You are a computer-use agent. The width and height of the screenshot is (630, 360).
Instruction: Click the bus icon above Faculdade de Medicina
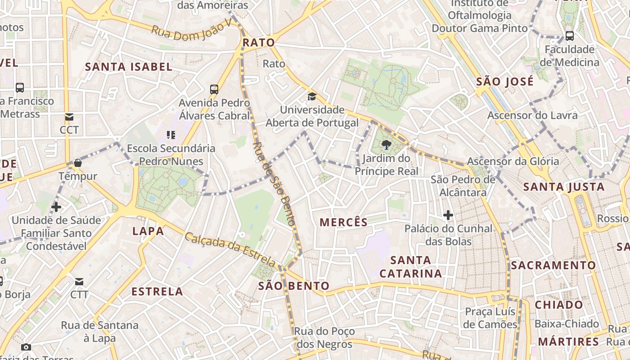tap(569, 36)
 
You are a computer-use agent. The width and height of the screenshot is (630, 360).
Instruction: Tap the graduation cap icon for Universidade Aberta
tap(312, 96)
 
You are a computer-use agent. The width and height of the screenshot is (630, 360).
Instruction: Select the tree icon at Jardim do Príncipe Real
tap(386, 145)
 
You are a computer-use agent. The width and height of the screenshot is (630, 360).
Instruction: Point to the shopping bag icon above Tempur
tap(78, 163)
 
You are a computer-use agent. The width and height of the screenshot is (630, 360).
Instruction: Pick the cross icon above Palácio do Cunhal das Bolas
tap(448, 215)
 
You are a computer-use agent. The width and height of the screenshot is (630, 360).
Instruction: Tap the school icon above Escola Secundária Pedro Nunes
tap(171, 135)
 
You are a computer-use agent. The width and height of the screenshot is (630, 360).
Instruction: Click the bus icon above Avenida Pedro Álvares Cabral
tap(214, 89)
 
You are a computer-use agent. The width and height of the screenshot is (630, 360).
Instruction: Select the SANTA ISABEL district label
tap(129, 67)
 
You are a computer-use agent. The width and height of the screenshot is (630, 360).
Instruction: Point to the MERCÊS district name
tap(344, 222)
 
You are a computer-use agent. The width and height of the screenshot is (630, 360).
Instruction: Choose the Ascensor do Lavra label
tap(532, 115)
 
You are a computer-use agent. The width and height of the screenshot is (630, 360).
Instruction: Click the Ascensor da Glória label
tap(513, 161)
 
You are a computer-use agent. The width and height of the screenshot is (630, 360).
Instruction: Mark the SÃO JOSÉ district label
tap(505, 81)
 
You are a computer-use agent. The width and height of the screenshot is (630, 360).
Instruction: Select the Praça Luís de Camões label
tap(490, 318)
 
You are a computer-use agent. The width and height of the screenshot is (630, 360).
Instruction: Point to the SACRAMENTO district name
tap(553, 265)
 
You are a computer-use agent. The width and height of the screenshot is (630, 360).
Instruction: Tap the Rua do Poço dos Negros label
tap(324, 338)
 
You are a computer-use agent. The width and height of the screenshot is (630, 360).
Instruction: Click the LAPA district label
tap(148, 231)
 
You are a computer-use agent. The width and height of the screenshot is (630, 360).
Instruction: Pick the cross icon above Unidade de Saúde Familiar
tap(56, 207)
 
